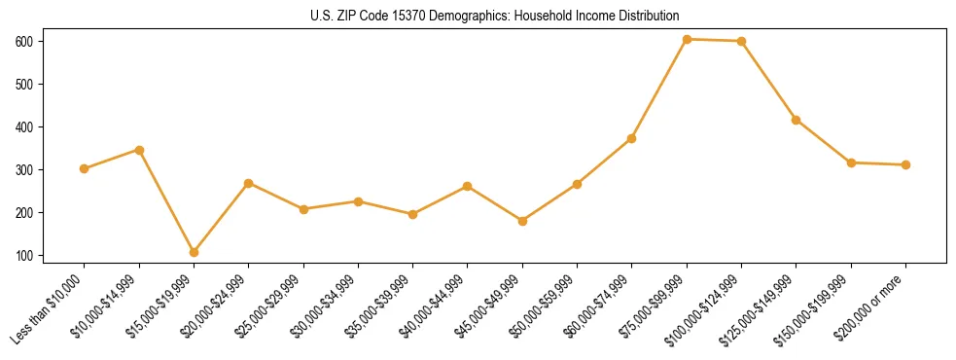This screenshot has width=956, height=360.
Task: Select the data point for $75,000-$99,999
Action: pos(687,39)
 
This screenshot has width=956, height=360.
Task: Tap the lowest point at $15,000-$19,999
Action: pos(194,252)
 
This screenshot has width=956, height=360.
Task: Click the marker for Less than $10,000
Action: pos(84,168)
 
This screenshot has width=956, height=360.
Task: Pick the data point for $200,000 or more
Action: pos(905,164)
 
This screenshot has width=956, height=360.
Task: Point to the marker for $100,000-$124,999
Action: pos(741,41)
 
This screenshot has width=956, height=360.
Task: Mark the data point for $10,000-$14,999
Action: pos(139,150)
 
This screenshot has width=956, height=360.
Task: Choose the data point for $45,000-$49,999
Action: pos(522,221)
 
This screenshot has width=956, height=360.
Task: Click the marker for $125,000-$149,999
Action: pos(796,120)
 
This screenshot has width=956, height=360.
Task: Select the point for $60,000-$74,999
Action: pos(631,138)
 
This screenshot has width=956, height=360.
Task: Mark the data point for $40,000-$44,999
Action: pos(468,186)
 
